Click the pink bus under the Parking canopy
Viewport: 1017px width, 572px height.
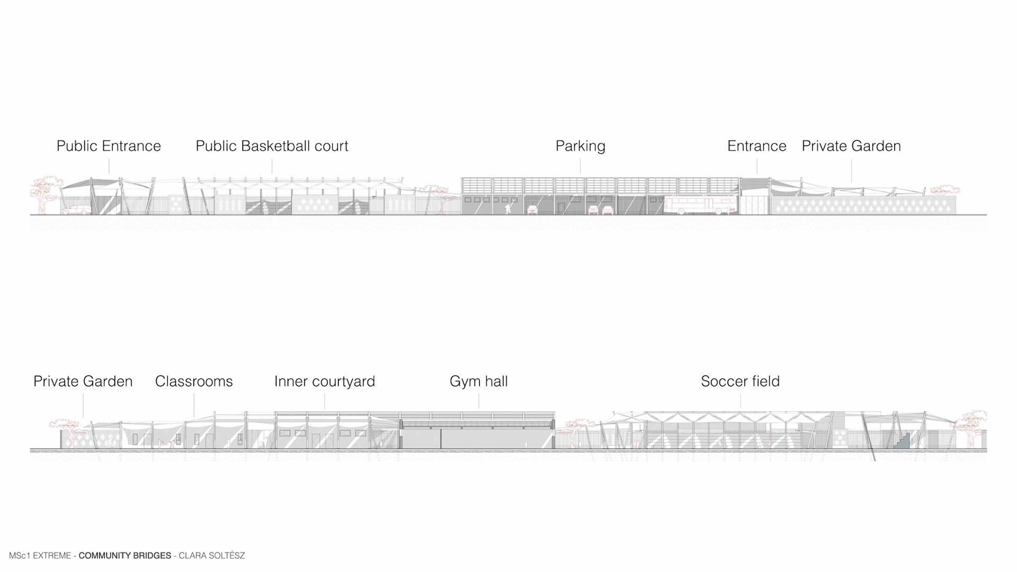[x=700, y=205]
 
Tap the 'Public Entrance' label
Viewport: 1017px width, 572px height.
[x=109, y=146]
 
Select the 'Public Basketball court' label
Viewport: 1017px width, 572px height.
[x=272, y=146]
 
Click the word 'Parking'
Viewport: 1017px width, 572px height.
[x=580, y=146]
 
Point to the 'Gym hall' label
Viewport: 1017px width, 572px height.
[x=478, y=381]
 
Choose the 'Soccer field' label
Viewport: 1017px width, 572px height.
[x=740, y=381]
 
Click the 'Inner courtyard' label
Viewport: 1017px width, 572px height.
[x=324, y=381]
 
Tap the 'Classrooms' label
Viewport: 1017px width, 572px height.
[x=194, y=381]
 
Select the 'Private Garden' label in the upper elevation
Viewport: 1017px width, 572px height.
[x=851, y=146]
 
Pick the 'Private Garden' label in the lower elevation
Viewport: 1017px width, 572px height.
[x=83, y=381]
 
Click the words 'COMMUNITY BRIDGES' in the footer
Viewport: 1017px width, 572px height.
[x=125, y=556]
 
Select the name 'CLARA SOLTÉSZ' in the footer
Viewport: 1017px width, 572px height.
[x=212, y=556]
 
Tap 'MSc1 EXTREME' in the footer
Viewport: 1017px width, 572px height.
[x=40, y=556]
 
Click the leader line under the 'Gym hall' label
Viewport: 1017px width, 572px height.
[x=479, y=400]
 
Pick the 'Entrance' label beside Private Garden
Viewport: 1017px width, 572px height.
[x=756, y=146]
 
